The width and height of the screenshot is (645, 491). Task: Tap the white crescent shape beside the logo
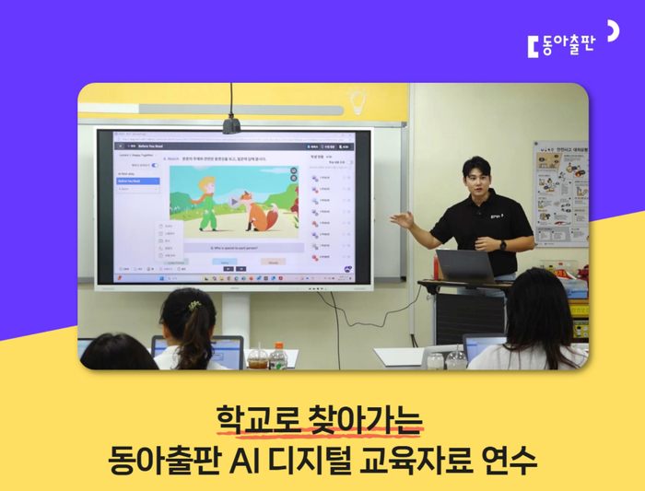[x=612, y=30]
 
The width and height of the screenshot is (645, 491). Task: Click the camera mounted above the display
[x=231, y=124]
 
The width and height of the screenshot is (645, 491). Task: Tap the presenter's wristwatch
[x=502, y=245]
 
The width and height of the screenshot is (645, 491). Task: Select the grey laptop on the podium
[x=466, y=265]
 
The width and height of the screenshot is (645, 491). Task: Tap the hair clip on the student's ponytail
[x=193, y=305]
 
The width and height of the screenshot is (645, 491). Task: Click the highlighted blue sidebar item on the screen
[x=137, y=181]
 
